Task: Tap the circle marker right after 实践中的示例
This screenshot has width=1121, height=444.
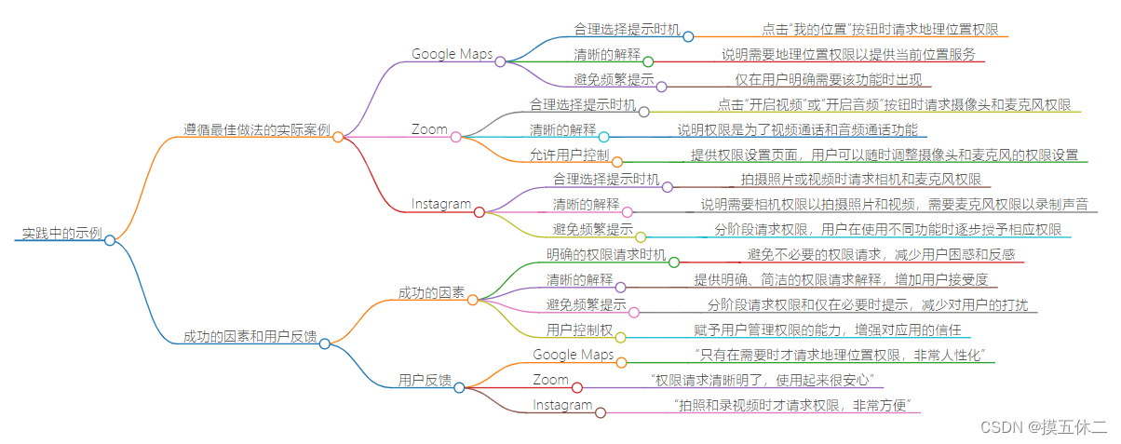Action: pos(110,240)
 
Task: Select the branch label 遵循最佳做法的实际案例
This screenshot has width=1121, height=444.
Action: pos(256,128)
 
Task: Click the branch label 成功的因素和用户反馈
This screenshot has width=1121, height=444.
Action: pos(250,336)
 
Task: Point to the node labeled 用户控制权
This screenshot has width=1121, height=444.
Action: pos(579,330)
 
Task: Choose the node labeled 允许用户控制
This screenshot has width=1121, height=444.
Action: pos(570,154)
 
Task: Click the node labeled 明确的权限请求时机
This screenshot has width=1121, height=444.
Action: pos(606,254)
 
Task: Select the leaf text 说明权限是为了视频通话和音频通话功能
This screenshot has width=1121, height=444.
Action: pos(797,129)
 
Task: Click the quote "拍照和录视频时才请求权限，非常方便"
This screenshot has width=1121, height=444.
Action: pos(796,405)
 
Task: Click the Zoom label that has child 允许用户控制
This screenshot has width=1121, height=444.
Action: pos(429,129)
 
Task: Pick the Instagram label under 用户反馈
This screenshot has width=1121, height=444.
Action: pos(562,405)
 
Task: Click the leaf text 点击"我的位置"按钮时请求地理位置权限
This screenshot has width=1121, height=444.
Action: pos(879,29)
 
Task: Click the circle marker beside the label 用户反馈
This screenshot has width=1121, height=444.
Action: pos(459,387)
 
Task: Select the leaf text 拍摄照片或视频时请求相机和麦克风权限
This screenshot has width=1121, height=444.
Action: pos(859,180)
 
